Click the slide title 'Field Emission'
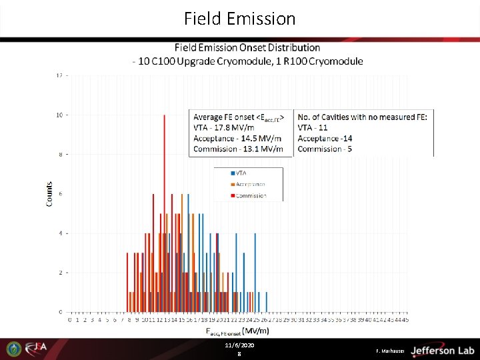pyautogui.click(x=240, y=19)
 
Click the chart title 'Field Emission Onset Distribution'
pyautogui.click(x=247, y=48)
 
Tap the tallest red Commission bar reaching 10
pyautogui.click(x=164, y=213)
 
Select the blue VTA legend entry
pyautogui.click(x=237, y=173)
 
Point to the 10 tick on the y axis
pyautogui.click(x=59, y=115)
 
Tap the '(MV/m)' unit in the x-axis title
pyautogui.click(x=255, y=331)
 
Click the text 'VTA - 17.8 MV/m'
pyautogui.click(x=223, y=127)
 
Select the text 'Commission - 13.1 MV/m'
pyautogui.click(x=237, y=149)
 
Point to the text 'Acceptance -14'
pyautogui.click(x=325, y=138)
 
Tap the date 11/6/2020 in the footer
pyautogui.click(x=239, y=345)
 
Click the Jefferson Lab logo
pyautogui.click(x=442, y=350)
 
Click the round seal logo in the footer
pyautogui.click(x=13, y=349)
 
